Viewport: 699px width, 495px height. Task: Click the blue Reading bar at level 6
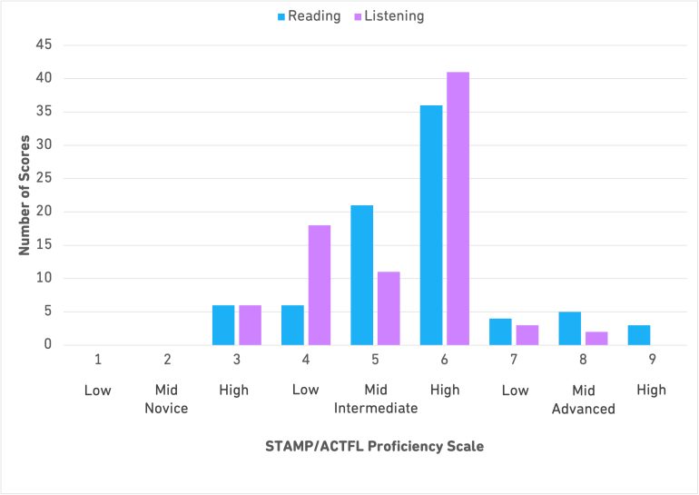pyautogui.click(x=430, y=225)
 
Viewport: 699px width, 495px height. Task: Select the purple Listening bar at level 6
pyautogui.click(x=458, y=208)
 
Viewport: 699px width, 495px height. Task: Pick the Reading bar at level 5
pyautogui.click(x=361, y=275)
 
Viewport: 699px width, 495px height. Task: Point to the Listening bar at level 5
pyautogui.click(x=389, y=308)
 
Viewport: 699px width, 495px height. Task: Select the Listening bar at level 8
pyautogui.click(x=596, y=338)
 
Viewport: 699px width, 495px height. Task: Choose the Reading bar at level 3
pyautogui.click(x=223, y=324)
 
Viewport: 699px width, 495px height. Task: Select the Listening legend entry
pyautogui.click(x=387, y=16)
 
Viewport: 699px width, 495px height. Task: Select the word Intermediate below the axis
pyautogui.click(x=376, y=409)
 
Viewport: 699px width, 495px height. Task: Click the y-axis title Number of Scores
pyautogui.click(x=26, y=194)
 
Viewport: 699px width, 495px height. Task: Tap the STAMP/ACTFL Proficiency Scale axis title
pyautogui.click(x=374, y=446)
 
